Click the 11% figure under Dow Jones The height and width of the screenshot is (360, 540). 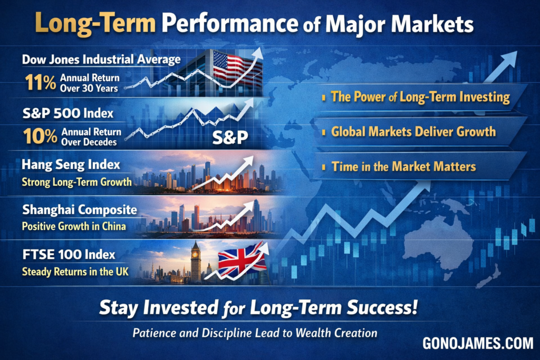pos(40,83)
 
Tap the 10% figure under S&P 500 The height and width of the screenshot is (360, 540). pos(40,136)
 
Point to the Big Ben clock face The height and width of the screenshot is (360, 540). pos(195,255)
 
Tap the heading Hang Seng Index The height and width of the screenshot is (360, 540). pos(71,164)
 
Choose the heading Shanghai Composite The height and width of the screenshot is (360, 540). pos(80,210)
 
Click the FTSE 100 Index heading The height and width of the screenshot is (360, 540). pos(69,255)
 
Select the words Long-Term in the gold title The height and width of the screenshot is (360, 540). pos(95,23)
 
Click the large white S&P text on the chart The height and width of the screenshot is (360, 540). pos(230,138)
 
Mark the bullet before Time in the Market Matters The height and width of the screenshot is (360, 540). pos(324,167)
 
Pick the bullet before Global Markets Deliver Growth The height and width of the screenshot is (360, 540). pos(324,132)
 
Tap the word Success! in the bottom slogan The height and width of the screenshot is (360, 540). pos(382,307)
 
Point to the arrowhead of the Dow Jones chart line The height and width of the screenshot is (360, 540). pos(257,53)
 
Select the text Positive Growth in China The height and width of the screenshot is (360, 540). pos(74,227)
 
